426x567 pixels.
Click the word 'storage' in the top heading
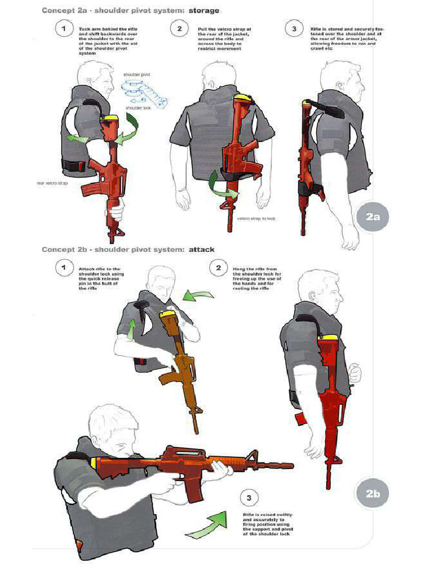(x=204, y=11)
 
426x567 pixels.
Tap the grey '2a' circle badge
(x=373, y=218)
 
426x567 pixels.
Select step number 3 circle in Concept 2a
(x=293, y=28)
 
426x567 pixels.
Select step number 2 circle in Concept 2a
(x=179, y=28)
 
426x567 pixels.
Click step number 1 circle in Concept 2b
(x=65, y=268)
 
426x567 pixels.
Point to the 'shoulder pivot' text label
(x=136, y=74)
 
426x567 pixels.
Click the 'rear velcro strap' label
(x=52, y=182)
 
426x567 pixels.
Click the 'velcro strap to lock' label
(x=256, y=218)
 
